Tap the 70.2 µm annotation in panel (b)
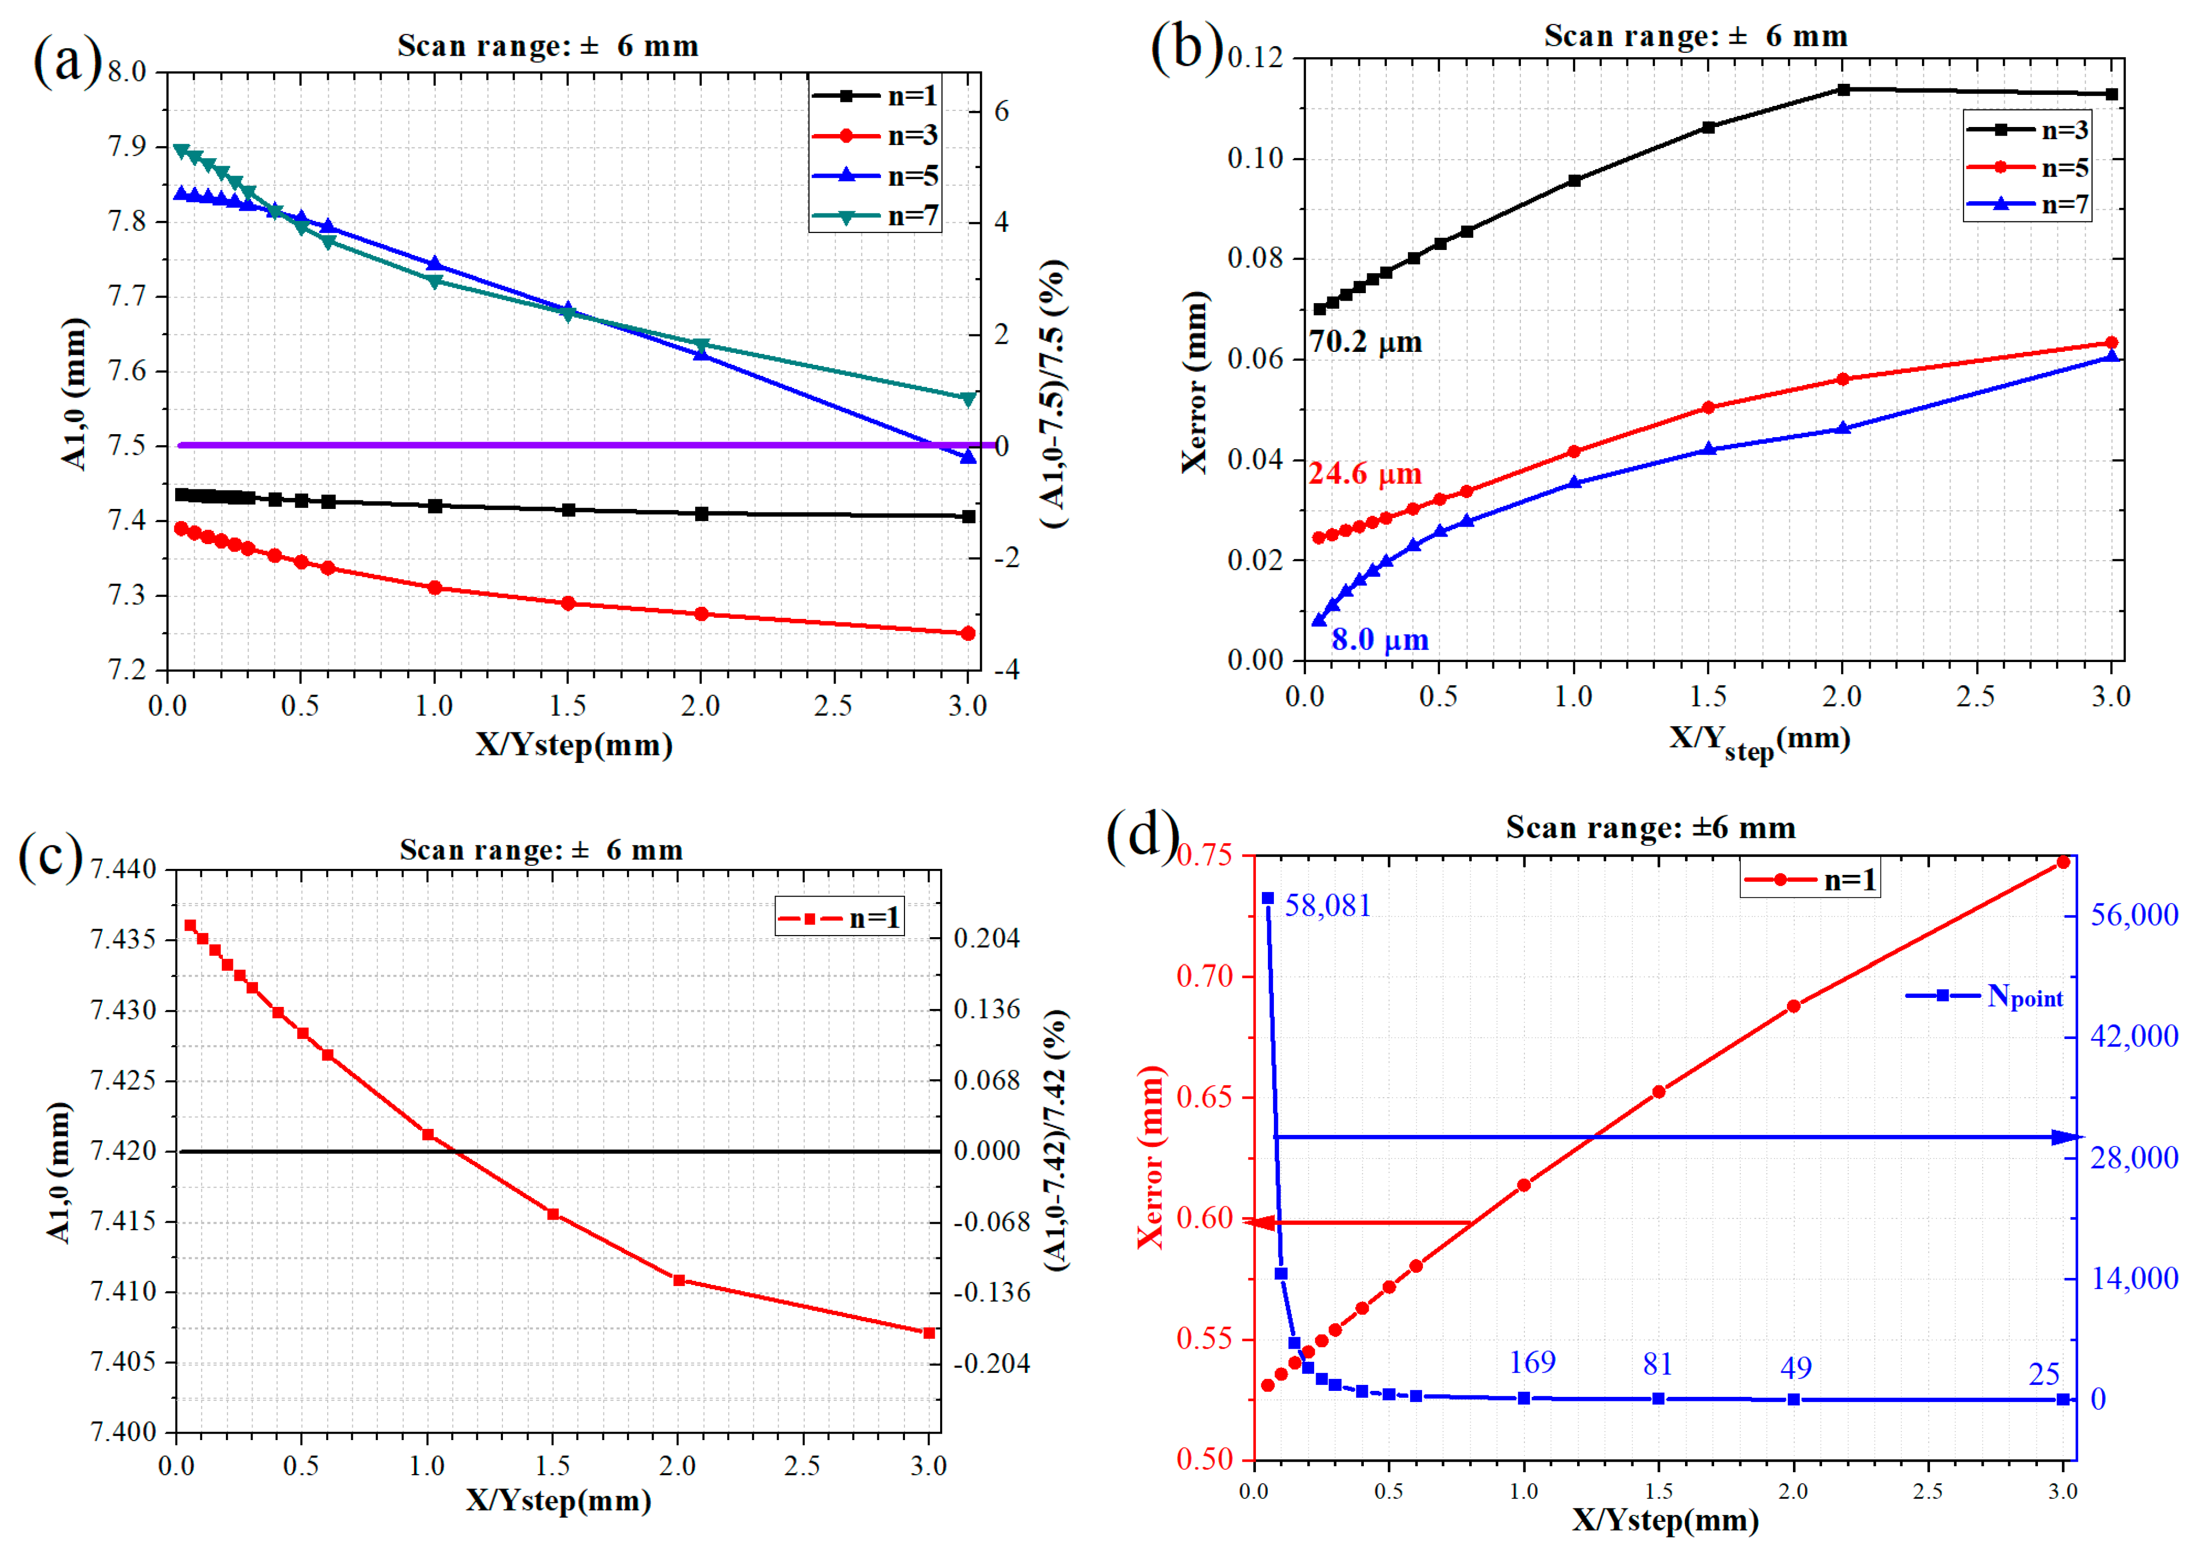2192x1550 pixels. point(1365,342)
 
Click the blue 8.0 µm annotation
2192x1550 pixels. point(1379,639)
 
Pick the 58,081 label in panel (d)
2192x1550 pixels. point(1327,905)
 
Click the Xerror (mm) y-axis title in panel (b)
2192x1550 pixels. point(1194,382)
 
